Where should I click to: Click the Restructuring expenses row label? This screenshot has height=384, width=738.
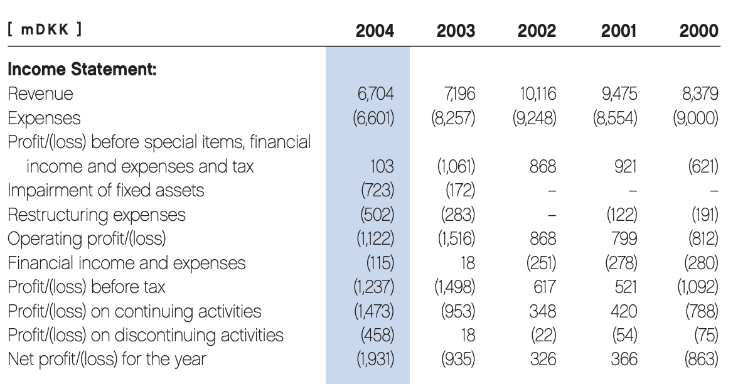tap(96, 215)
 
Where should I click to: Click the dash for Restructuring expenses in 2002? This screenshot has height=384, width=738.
tap(550, 215)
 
